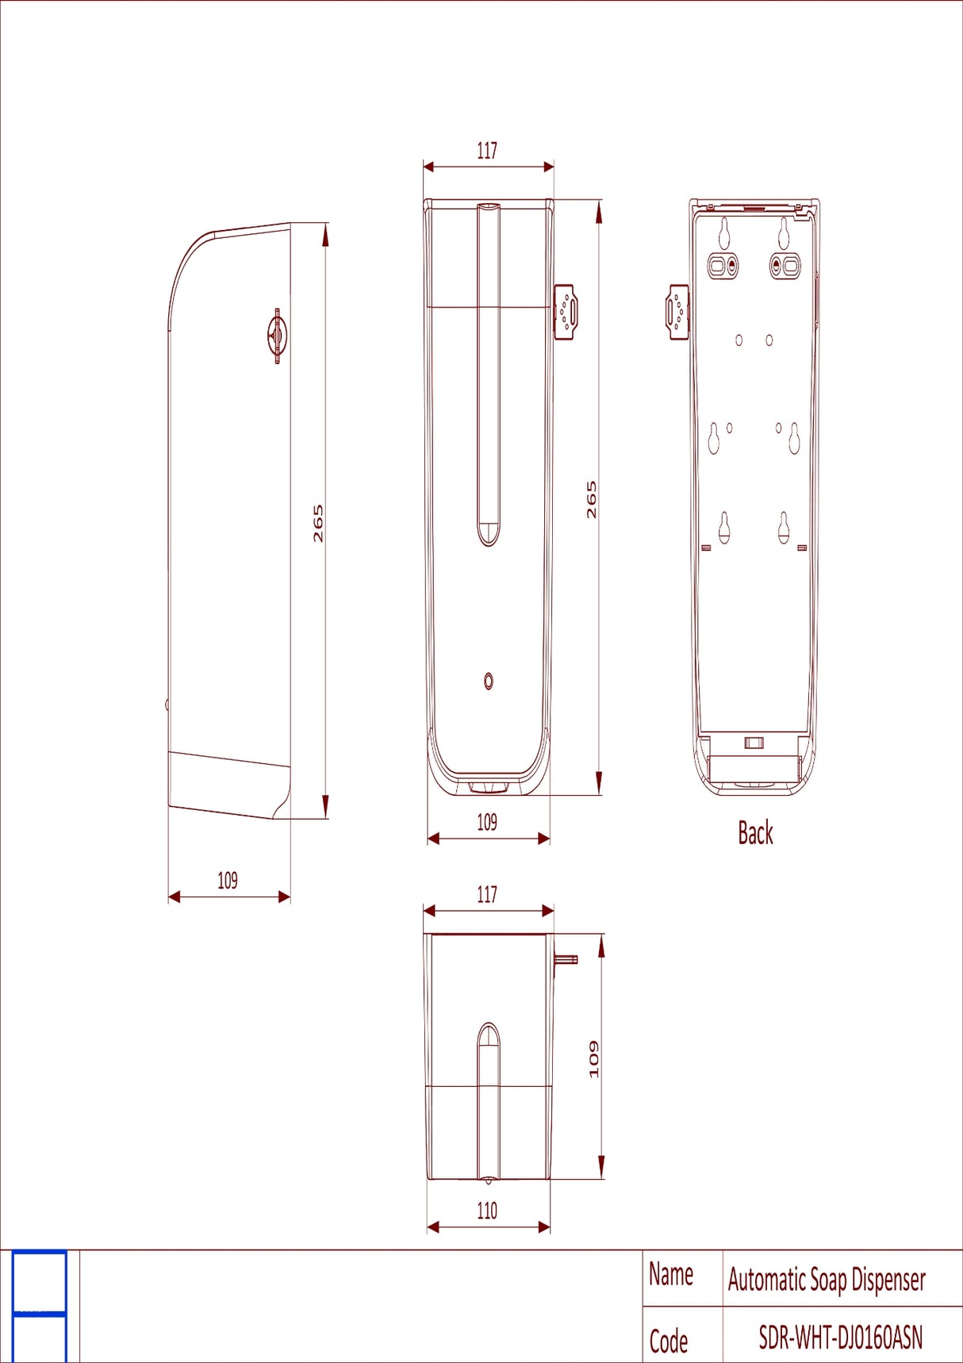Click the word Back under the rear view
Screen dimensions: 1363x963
click(x=755, y=833)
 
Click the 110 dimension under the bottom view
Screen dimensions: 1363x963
click(x=487, y=1211)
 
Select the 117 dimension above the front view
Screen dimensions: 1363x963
click(x=487, y=151)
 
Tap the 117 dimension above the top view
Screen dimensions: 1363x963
click(x=487, y=895)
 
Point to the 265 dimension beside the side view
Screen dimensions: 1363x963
click(x=318, y=524)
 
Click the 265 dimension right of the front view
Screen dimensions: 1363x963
click(x=592, y=500)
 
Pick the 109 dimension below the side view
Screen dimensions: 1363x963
click(x=228, y=881)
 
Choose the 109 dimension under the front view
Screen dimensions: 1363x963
click(x=487, y=822)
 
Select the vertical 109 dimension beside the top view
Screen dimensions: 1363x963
click(x=594, y=1059)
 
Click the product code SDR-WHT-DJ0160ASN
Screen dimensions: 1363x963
click(x=841, y=1338)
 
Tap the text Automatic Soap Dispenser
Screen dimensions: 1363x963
click(x=827, y=1280)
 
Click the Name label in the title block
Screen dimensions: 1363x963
click(x=671, y=1275)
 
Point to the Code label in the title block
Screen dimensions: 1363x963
click(x=669, y=1342)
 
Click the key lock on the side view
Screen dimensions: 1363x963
click(x=277, y=336)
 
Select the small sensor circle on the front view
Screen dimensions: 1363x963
click(x=489, y=681)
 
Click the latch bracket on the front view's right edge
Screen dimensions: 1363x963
click(x=566, y=312)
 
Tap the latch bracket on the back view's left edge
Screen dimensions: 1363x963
click(x=677, y=312)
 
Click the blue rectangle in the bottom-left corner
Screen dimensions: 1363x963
click(x=40, y=1305)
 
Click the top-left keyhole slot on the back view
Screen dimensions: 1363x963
click(x=724, y=232)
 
